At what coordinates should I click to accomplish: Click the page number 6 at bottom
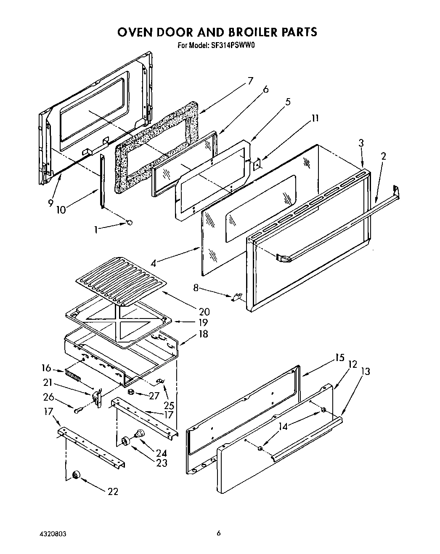[x=219, y=533]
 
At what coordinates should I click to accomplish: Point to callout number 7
[x=250, y=80]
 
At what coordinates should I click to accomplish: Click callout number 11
[x=315, y=118]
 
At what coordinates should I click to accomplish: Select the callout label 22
[x=113, y=491]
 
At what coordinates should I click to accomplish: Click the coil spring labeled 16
[x=73, y=375]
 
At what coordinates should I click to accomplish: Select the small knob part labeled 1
[x=130, y=222]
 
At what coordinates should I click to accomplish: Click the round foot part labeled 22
[x=77, y=475]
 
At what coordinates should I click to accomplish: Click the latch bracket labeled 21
[x=97, y=398]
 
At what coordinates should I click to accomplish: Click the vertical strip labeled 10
[x=101, y=181]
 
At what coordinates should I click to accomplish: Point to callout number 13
[x=366, y=371]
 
